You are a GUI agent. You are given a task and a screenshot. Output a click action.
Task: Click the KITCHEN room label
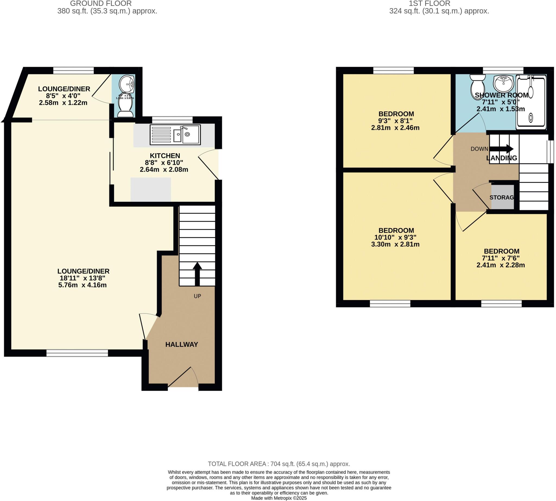(165, 155)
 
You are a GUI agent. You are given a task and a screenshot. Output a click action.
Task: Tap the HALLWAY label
(182, 344)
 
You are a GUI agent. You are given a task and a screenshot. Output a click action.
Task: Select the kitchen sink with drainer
(175, 134)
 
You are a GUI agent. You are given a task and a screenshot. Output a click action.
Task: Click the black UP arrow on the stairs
(197, 274)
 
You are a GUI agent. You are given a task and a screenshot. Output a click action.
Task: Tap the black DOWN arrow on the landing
(501, 149)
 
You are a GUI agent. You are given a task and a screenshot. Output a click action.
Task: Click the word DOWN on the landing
(479, 149)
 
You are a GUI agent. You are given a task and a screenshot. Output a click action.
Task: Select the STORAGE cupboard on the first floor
(502, 197)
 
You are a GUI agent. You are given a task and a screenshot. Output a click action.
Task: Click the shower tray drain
(530, 118)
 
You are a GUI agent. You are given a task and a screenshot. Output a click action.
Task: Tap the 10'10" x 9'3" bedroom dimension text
(395, 237)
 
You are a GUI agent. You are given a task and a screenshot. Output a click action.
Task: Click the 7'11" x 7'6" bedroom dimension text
(500, 258)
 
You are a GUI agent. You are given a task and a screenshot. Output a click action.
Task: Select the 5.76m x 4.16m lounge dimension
(82, 285)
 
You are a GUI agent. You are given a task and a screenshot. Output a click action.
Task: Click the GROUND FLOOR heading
(101, 4)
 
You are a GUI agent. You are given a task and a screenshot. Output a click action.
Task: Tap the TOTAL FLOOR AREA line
(279, 464)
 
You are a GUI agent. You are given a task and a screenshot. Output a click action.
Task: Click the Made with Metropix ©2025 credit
(279, 498)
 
